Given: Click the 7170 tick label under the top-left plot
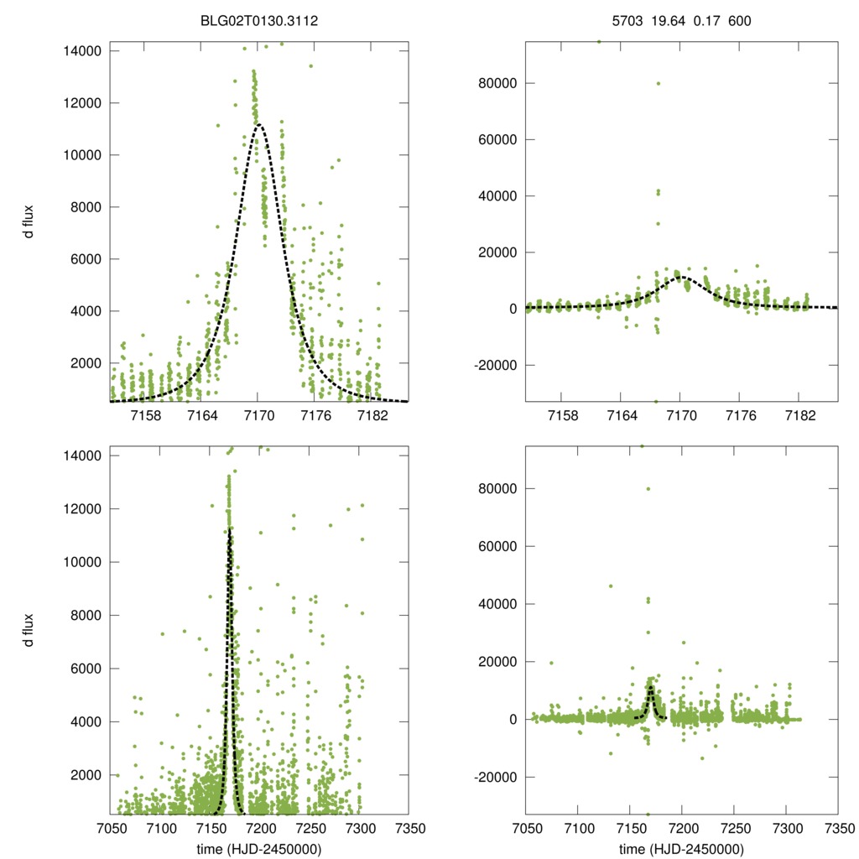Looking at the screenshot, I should click(x=258, y=417).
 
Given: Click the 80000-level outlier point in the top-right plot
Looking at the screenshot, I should click(x=659, y=83).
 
